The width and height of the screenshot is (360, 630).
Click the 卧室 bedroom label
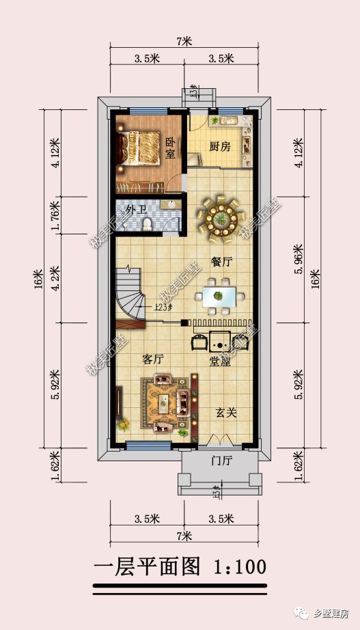click(x=170, y=148)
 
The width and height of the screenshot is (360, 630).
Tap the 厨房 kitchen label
click(x=219, y=146)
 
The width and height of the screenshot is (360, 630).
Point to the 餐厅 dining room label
click(x=222, y=262)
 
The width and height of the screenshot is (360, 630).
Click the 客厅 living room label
click(x=153, y=358)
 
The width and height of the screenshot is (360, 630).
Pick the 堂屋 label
click(x=219, y=363)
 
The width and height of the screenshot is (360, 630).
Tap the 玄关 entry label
click(x=226, y=412)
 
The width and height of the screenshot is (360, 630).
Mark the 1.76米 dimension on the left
click(x=55, y=213)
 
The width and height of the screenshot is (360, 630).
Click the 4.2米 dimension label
click(x=55, y=277)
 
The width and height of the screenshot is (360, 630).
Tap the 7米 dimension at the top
click(x=183, y=41)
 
